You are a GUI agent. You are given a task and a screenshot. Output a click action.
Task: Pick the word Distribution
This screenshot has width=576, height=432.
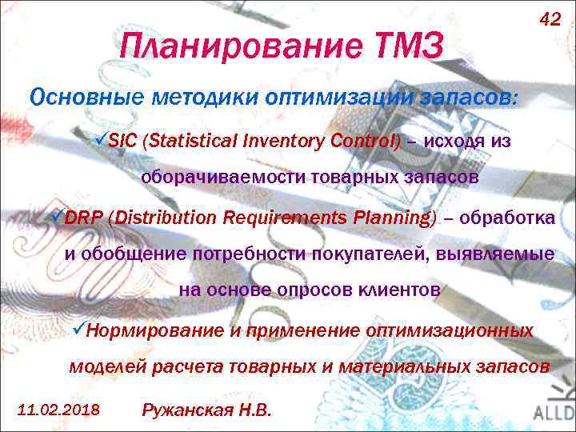[x=168, y=218]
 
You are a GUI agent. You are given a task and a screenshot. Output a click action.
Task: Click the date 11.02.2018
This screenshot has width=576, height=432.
[x=58, y=410]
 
